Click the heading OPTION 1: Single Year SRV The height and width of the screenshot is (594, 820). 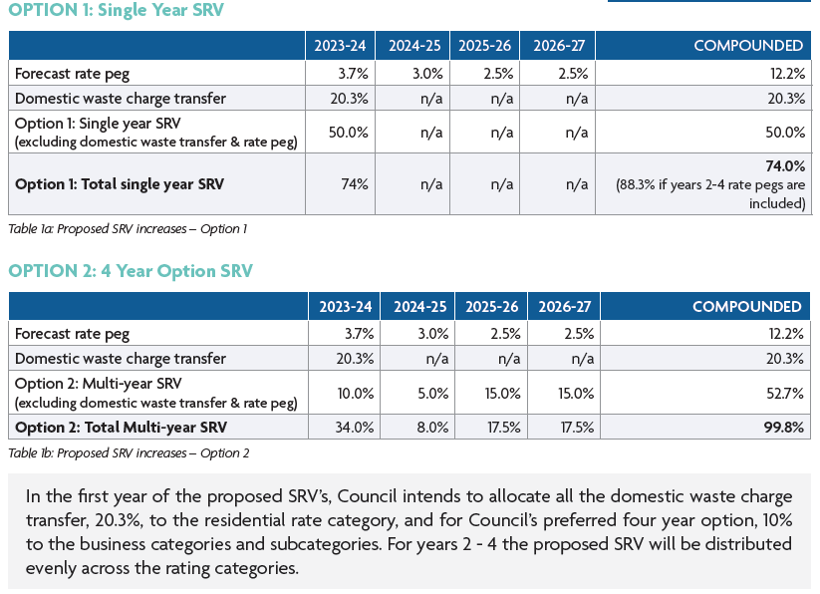pyautogui.click(x=116, y=11)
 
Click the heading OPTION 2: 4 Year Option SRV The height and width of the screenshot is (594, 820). pyautogui.click(x=131, y=271)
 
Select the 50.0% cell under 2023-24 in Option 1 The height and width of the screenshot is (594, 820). pyautogui.click(x=342, y=132)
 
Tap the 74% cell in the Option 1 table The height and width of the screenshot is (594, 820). pyautogui.click(x=356, y=184)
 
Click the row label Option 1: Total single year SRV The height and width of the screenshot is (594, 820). pyautogui.click(x=119, y=184)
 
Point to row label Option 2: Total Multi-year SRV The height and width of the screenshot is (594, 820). pyautogui.click(x=121, y=428)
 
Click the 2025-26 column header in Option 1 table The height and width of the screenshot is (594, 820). pyautogui.click(x=485, y=46)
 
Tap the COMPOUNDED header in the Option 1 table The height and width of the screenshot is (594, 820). pyautogui.click(x=747, y=46)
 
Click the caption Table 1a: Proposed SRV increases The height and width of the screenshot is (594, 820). pyautogui.click(x=127, y=229)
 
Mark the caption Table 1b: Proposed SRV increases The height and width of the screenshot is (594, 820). pyautogui.click(x=128, y=452)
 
